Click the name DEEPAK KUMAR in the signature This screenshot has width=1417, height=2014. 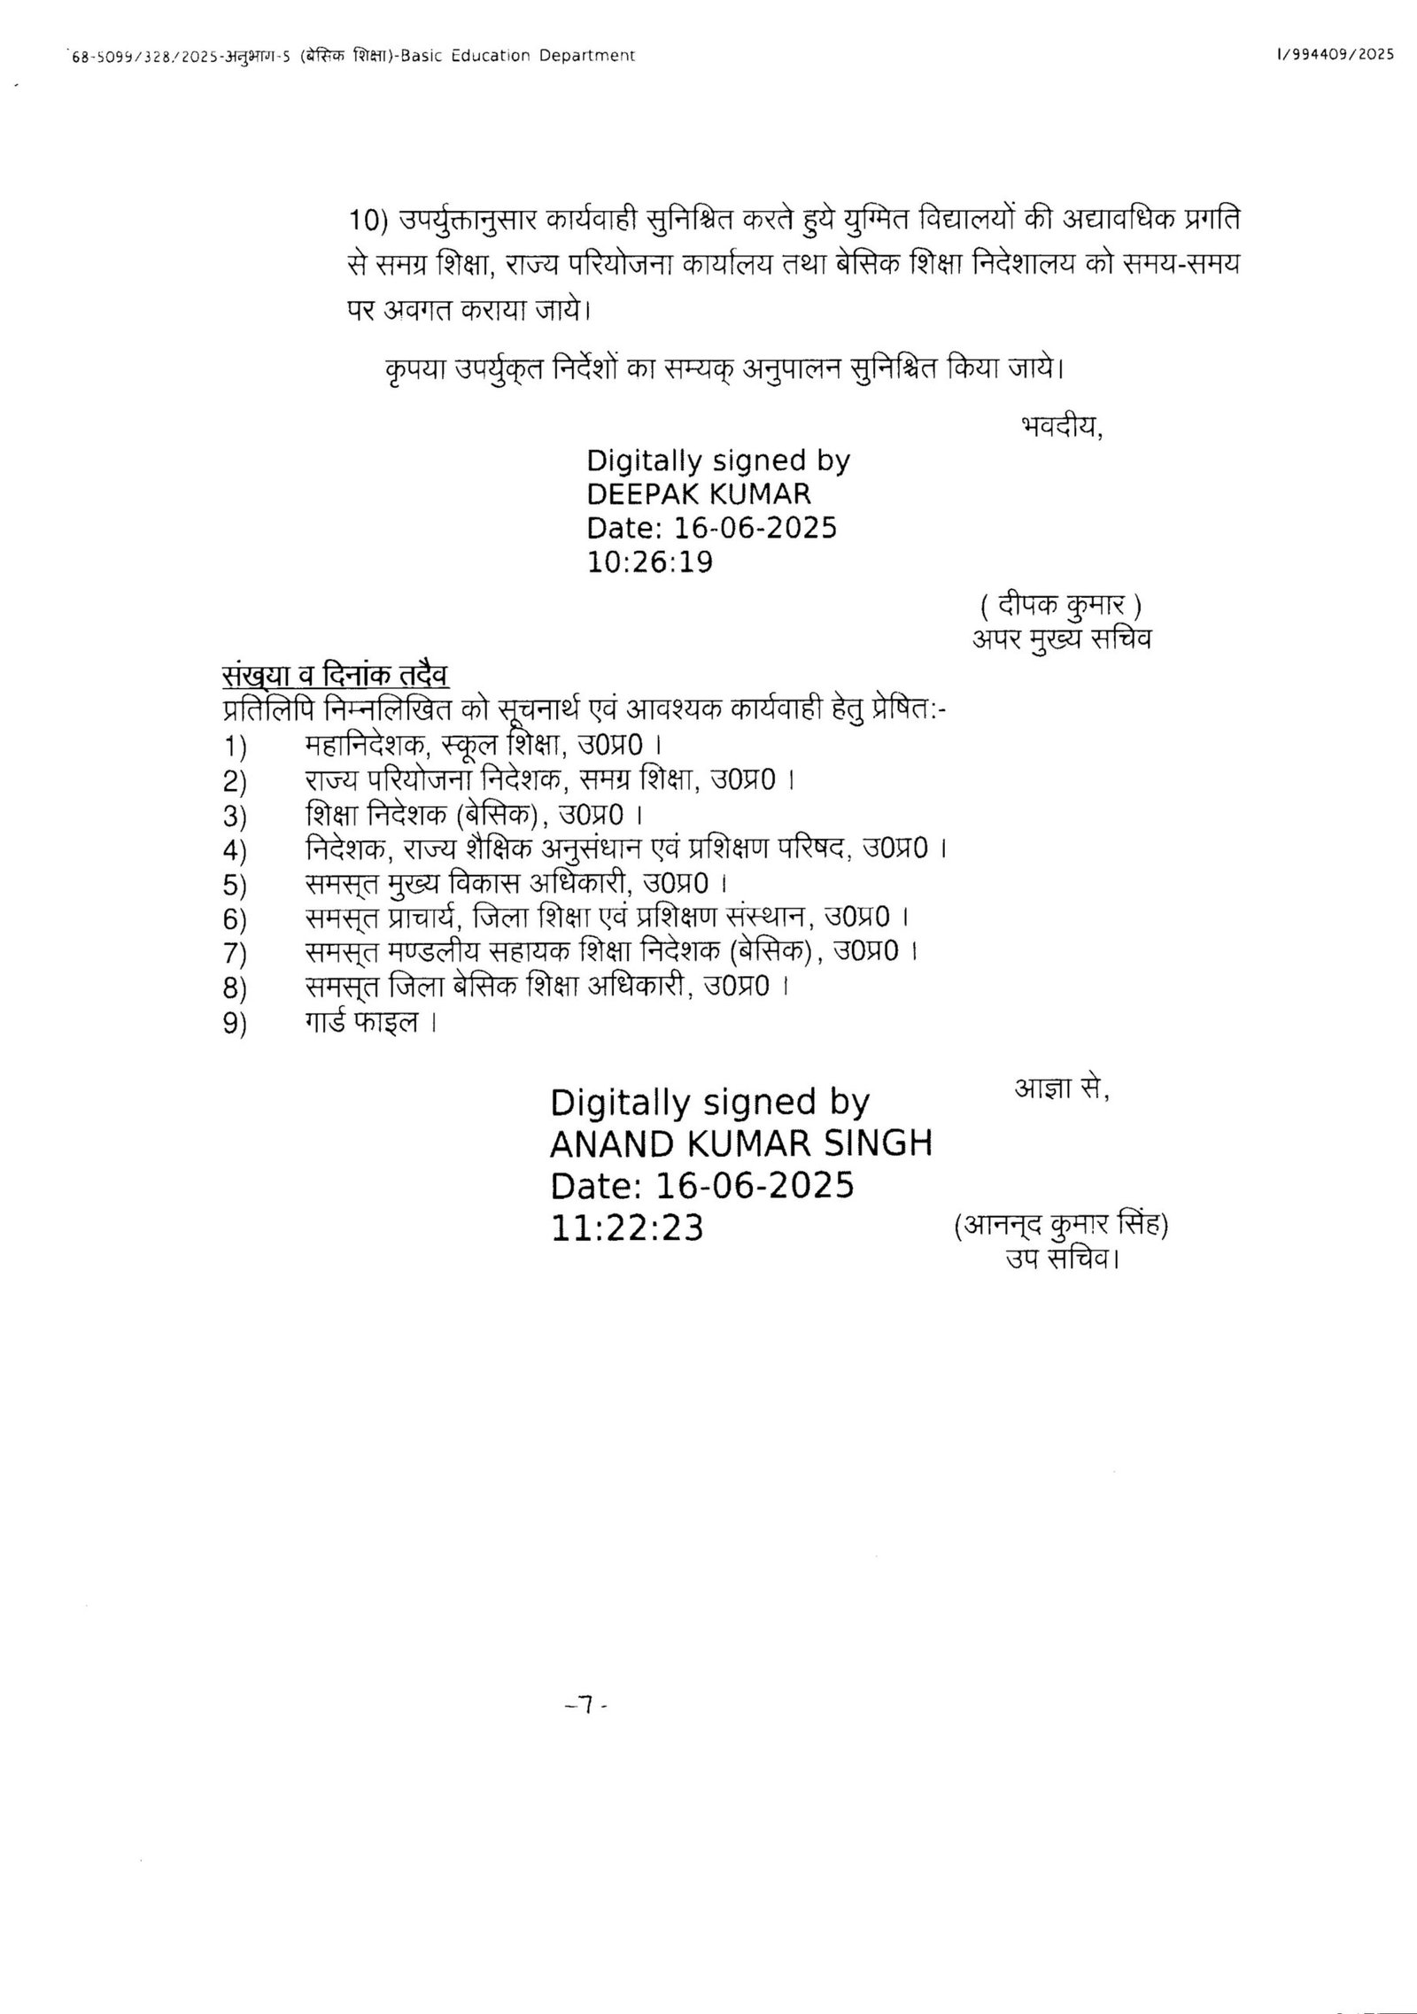point(699,492)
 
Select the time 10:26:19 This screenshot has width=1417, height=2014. point(650,562)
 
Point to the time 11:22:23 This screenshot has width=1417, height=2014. point(627,1228)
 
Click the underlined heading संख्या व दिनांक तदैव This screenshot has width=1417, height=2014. point(336,676)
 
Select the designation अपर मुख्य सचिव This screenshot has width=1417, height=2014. point(1062,639)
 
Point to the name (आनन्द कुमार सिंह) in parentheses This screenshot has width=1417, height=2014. point(1062,1227)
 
